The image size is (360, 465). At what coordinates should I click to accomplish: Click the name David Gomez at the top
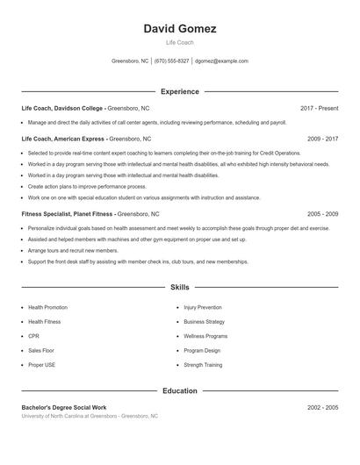(179, 29)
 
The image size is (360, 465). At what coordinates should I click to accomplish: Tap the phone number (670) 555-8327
(172, 61)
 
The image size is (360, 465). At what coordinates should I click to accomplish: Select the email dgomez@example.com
(221, 61)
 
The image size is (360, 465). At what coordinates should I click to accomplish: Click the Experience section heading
(179, 91)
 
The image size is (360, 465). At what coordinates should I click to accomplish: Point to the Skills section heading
(179, 287)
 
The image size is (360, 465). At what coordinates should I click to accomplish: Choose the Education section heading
(179, 390)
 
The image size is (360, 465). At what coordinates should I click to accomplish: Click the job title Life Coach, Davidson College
(63, 108)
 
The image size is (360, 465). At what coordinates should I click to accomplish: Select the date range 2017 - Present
(319, 108)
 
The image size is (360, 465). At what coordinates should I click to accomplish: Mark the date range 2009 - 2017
(322, 139)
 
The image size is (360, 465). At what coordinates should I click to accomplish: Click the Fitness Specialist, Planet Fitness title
(67, 213)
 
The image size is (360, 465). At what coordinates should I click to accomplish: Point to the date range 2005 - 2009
(322, 213)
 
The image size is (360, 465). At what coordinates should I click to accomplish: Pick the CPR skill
(33, 336)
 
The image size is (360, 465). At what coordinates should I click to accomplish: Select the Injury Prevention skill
(203, 308)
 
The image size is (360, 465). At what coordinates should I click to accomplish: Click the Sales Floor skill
(40, 350)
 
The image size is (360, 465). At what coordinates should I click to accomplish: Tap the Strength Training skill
(203, 364)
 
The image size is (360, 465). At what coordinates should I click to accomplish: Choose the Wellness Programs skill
(205, 336)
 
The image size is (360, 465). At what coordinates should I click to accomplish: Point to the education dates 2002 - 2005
(322, 408)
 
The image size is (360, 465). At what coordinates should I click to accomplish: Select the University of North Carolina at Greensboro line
(90, 416)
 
